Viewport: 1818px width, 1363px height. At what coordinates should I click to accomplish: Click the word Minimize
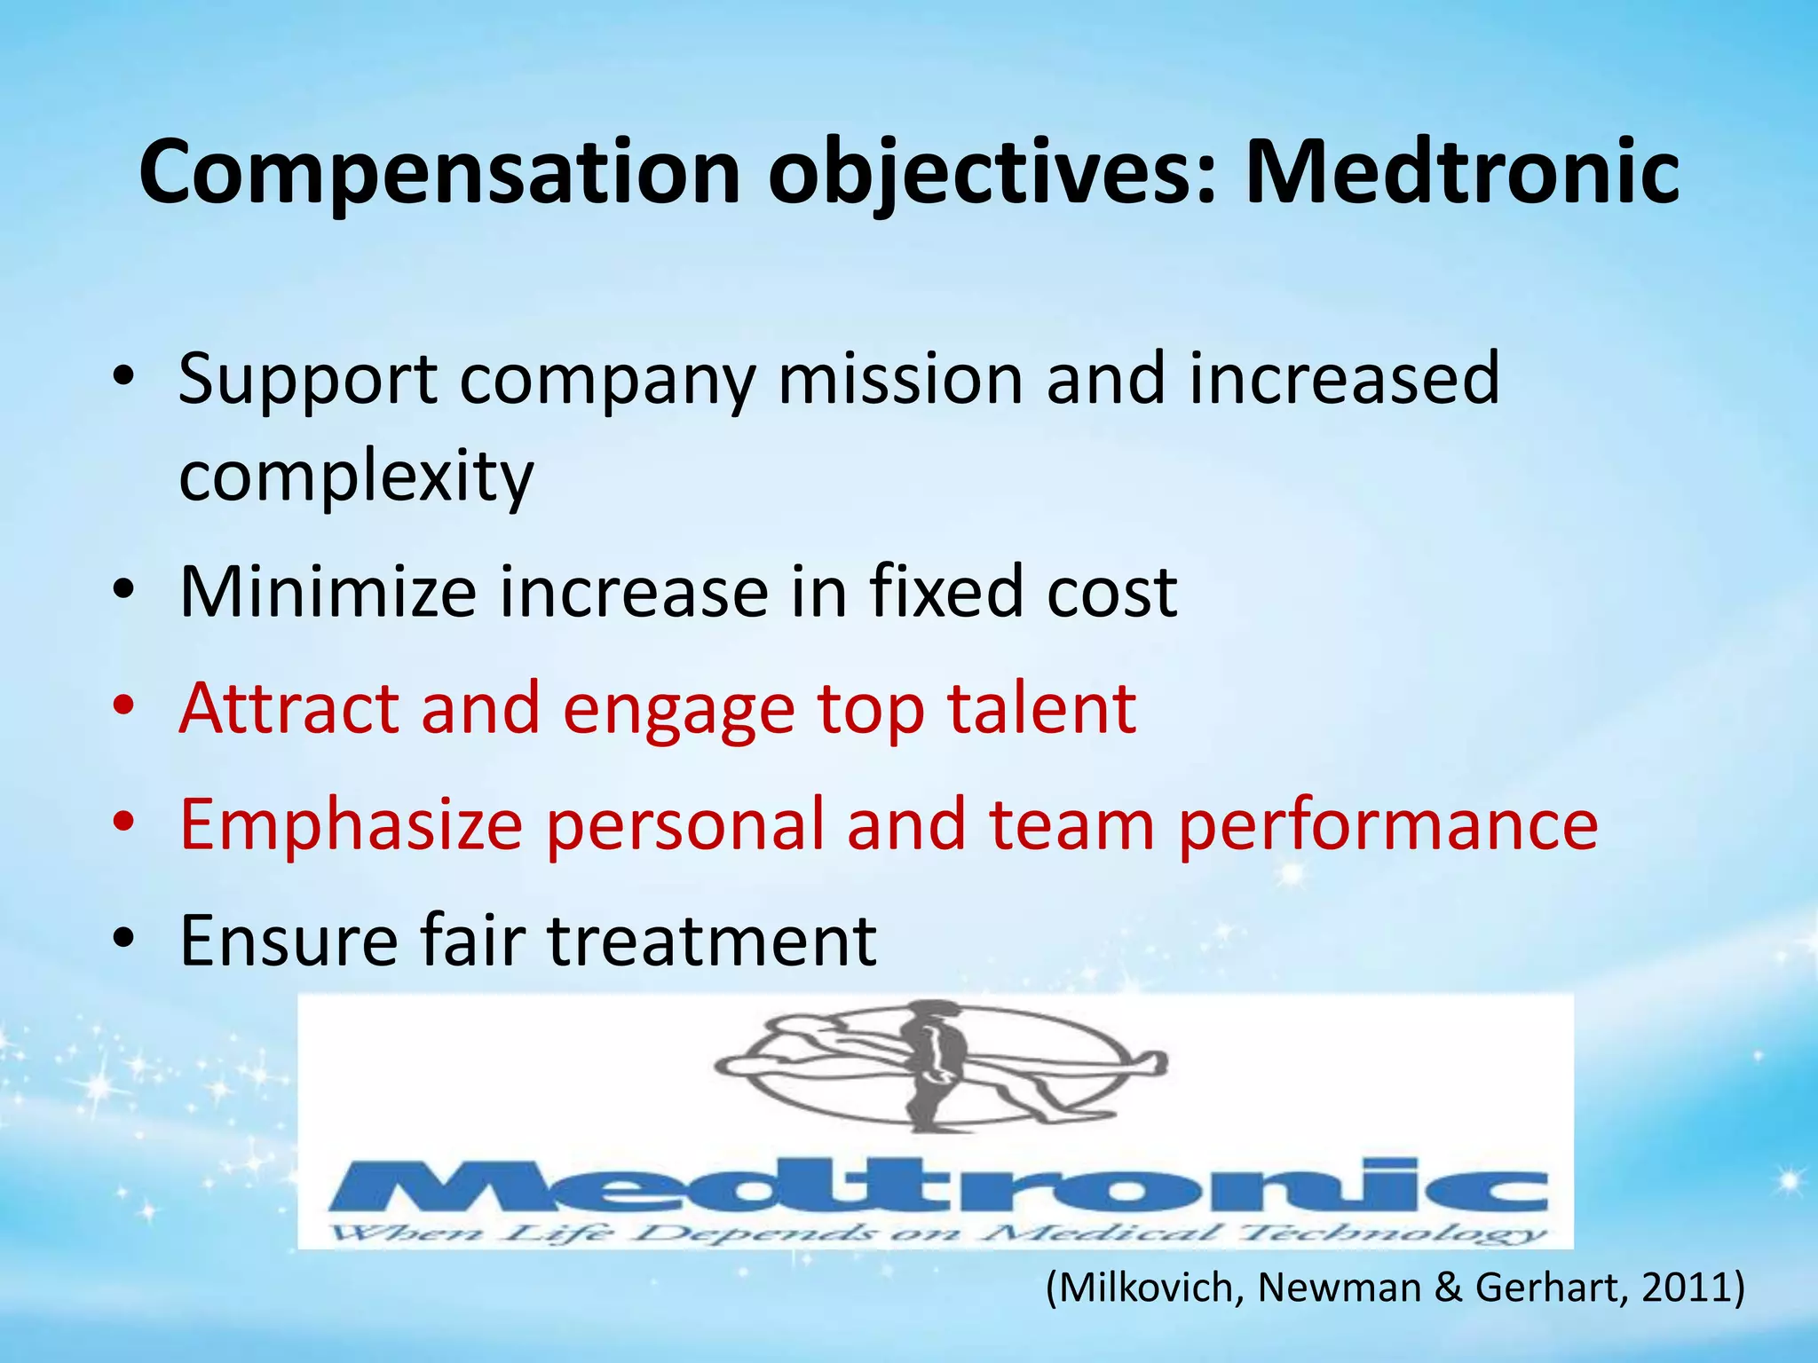click(x=328, y=592)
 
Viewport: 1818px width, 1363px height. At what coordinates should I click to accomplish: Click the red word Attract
click(x=289, y=709)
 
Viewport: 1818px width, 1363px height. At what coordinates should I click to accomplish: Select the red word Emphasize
click(x=351, y=825)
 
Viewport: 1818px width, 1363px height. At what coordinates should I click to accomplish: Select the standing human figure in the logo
click(x=932, y=1065)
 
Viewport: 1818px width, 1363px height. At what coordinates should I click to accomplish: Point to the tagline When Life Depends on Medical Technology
click(x=937, y=1233)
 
